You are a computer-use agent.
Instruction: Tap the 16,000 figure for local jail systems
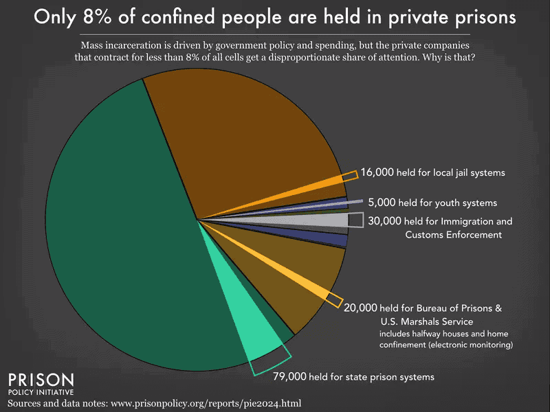point(377,172)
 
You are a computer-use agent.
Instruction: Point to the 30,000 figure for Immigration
point(384,222)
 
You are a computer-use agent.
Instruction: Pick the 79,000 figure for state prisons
point(290,377)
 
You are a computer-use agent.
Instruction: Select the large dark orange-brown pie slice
point(241,130)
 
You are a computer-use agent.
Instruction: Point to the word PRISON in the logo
point(39,380)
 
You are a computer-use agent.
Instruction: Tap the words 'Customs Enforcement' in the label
point(454,235)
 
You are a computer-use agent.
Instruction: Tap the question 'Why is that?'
point(447,56)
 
